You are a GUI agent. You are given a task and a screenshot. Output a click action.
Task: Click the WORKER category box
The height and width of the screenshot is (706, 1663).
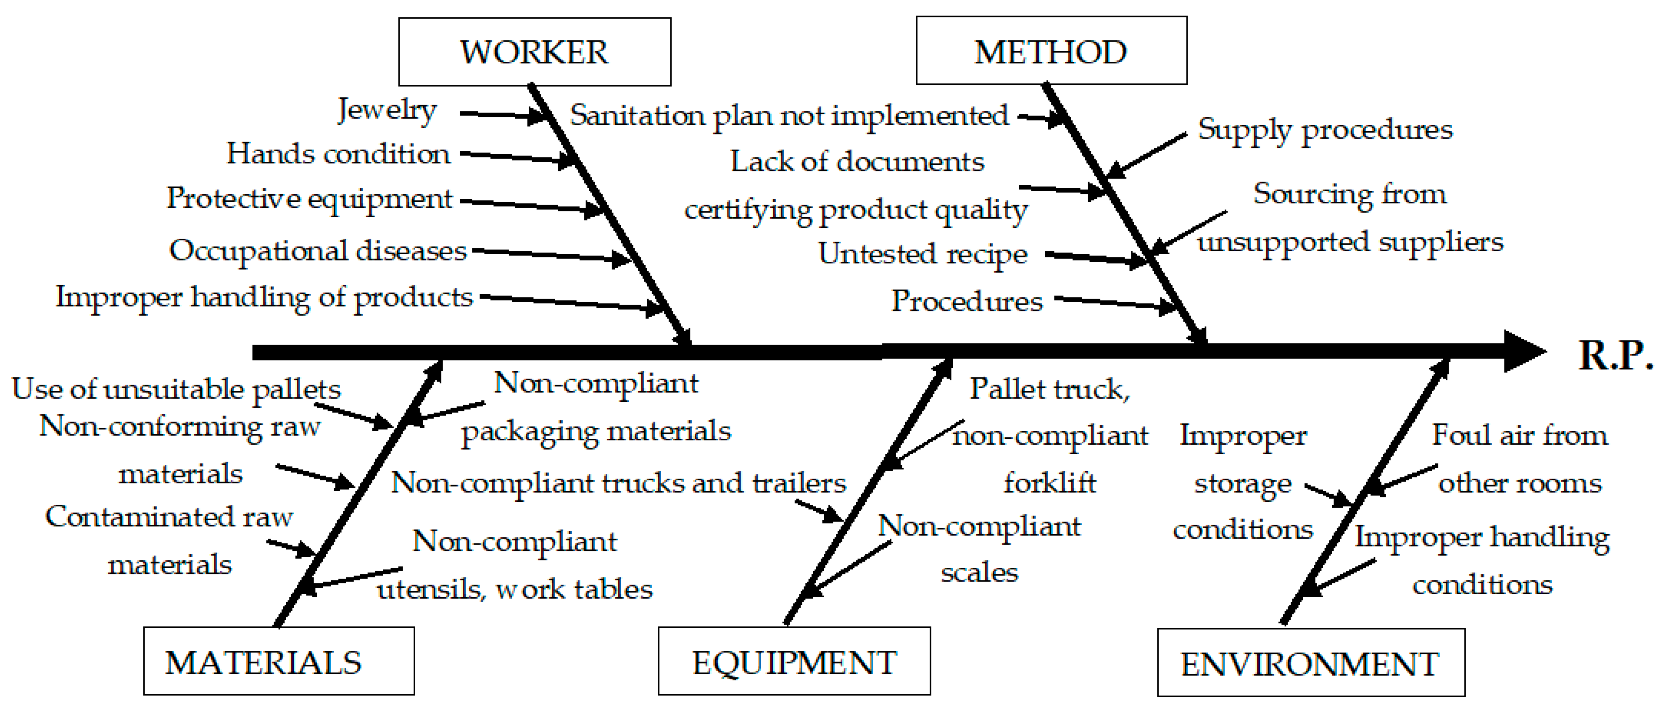pyautogui.click(x=535, y=52)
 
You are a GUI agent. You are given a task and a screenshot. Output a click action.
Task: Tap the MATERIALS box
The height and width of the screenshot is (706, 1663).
pyautogui.click(x=279, y=661)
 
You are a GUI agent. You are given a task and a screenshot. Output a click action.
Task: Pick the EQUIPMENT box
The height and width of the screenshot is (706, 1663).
pyautogui.click(x=794, y=661)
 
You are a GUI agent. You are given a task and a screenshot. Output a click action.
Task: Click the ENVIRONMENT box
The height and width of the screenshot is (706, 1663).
pyautogui.click(x=1310, y=663)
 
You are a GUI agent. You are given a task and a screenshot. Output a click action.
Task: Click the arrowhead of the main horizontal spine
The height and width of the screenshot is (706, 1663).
pyautogui.click(x=1523, y=352)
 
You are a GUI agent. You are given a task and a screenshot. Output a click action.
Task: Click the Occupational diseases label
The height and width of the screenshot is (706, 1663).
pyautogui.click(x=318, y=250)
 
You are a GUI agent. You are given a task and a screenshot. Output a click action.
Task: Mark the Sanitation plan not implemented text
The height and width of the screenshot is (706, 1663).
pyautogui.click(x=789, y=116)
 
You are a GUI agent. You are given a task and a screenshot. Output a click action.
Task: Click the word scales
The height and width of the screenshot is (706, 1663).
pyautogui.click(x=979, y=572)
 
